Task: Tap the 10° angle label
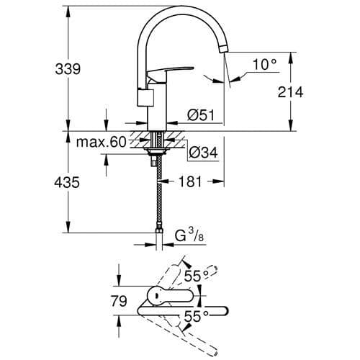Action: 264,65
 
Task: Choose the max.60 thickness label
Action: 101,143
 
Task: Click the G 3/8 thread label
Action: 190,235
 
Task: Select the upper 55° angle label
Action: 199,274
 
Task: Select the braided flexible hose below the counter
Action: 157,194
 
